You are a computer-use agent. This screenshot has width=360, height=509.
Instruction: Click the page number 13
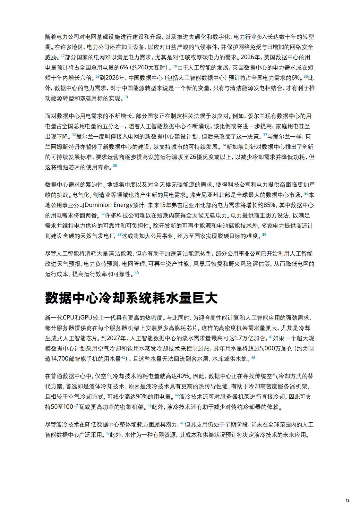point(347,500)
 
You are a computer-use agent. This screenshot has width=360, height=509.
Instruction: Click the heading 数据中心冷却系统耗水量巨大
point(131,298)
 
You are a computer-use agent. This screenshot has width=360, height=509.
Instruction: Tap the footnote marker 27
point(63,56)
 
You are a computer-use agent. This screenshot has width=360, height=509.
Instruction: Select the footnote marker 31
point(126,97)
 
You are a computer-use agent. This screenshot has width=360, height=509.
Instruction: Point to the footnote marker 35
point(115,165)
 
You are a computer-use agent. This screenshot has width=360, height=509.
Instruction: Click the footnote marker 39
point(264,234)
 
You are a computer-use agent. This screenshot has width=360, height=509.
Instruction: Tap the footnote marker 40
point(137,273)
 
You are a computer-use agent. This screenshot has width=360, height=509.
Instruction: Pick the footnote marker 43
point(253,357)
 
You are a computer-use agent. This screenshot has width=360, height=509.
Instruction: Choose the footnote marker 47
point(107,433)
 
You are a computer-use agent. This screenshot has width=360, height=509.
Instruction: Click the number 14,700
point(59,359)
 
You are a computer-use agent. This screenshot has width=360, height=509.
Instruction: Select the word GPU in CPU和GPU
point(86,318)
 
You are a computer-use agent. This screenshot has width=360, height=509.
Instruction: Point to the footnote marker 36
point(306,193)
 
